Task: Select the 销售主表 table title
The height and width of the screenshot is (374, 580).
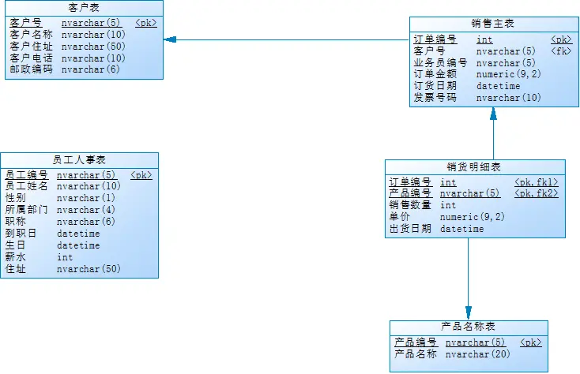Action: click(x=493, y=24)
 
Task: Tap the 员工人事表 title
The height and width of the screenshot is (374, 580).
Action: click(x=79, y=159)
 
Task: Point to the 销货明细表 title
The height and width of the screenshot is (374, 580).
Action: click(x=474, y=166)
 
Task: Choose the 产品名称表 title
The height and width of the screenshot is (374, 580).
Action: click(x=468, y=327)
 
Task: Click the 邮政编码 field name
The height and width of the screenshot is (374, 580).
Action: click(x=31, y=69)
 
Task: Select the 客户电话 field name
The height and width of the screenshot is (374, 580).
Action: click(x=31, y=58)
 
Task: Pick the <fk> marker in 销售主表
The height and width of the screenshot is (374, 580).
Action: click(x=561, y=51)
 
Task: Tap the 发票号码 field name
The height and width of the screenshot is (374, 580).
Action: click(x=435, y=98)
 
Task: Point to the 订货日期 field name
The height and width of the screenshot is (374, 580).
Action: click(x=435, y=86)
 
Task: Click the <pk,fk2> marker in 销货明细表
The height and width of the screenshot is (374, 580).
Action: click(x=537, y=193)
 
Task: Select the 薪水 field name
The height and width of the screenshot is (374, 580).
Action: click(x=16, y=257)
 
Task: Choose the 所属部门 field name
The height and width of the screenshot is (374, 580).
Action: click(x=26, y=210)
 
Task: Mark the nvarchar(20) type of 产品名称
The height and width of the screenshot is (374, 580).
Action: click(x=477, y=354)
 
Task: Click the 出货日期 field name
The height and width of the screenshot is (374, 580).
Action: click(x=409, y=229)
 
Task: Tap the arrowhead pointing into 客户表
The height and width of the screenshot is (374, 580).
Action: click(x=170, y=39)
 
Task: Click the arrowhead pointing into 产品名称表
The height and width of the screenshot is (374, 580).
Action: click(x=468, y=313)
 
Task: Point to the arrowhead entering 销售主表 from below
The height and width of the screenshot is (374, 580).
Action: click(x=493, y=114)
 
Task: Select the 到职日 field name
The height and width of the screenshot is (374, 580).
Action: click(x=21, y=234)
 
